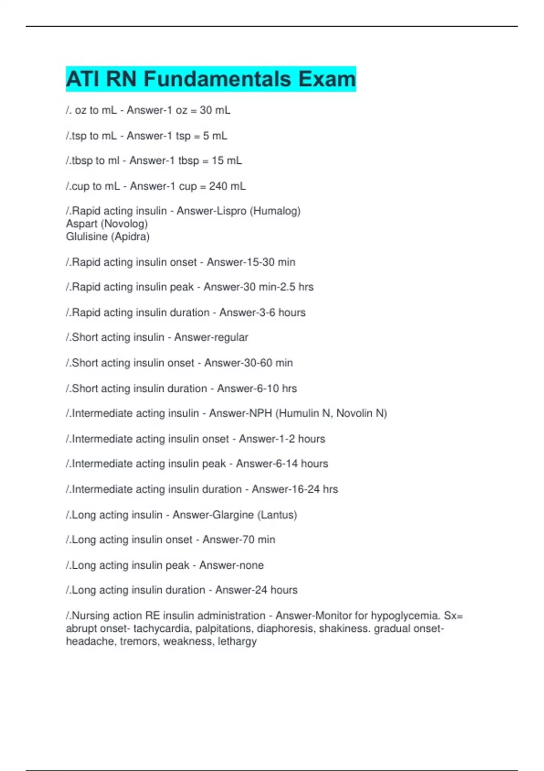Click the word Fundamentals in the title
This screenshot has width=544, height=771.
click(217, 79)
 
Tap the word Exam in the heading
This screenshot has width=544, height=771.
click(327, 79)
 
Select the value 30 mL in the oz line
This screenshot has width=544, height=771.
click(215, 110)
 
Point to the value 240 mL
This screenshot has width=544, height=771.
click(227, 186)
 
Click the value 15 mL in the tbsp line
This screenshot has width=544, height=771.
click(227, 161)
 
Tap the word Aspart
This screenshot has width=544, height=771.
click(82, 224)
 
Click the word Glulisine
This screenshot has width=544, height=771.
click(87, 237)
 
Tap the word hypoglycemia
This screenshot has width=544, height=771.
click(405, 616)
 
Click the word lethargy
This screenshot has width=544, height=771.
click(237, 641)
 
